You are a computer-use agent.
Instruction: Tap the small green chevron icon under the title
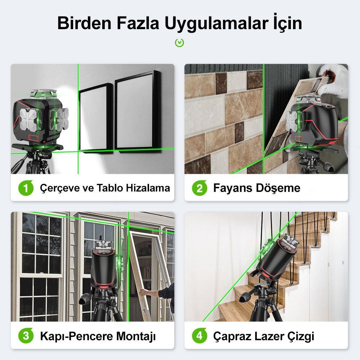(179, 43)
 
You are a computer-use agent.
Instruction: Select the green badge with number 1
(26, 188)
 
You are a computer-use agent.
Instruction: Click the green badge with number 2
(199, 188)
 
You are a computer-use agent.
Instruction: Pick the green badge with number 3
(26, 336)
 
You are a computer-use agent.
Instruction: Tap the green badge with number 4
(199, 336)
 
